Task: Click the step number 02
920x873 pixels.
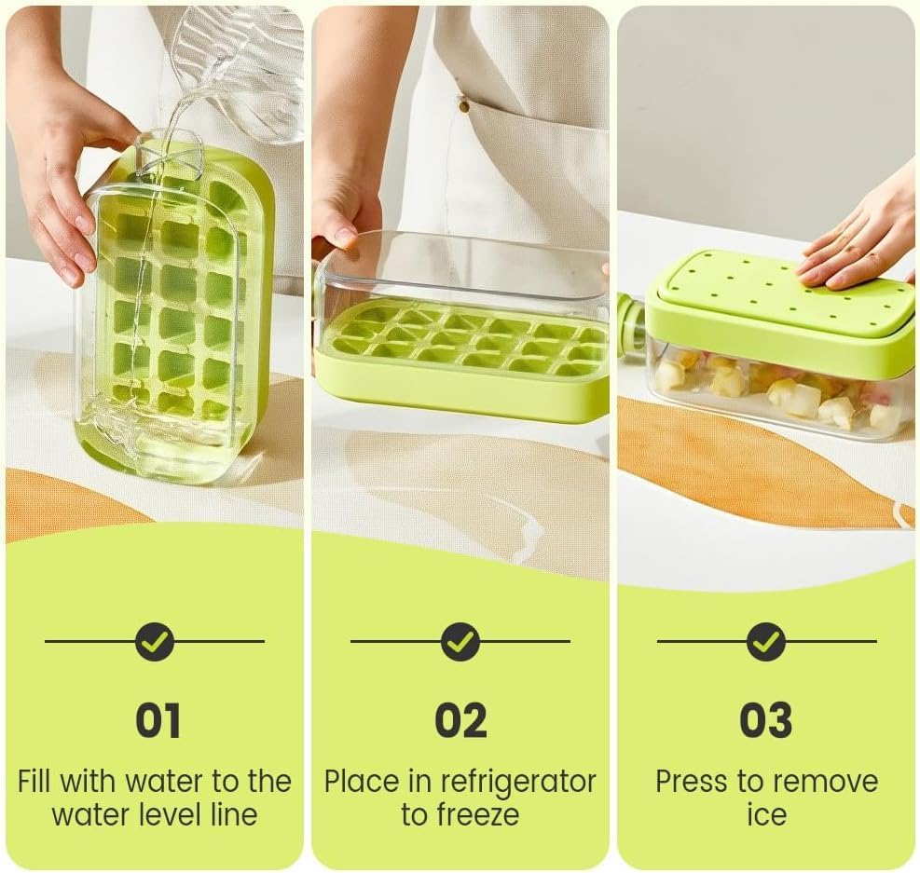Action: pyautogui.click(x=460, y=720)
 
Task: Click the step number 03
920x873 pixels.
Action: pyautogui.click(x=765, y=720)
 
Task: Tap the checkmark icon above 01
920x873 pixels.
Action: pyautogui.click(x=155, y=641)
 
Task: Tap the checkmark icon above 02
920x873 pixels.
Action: pyautogui.click(x=460, y=641)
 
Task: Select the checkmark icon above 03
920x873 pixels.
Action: pyautogui.click(x=766, y=641)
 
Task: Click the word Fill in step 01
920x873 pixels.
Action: pyautogui.click(x=34, y=781)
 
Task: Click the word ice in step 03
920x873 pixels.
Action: pyautogui.click(x=766, y=814)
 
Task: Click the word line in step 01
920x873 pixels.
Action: pyautogui.click(x=231, y=814)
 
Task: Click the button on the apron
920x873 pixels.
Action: pyautogui.click(x=463, y=105)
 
